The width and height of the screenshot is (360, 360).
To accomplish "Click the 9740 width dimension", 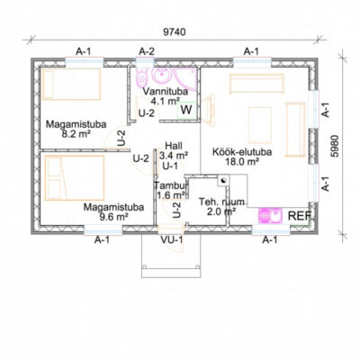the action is point(175,32).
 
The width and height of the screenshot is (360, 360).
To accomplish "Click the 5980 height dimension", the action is point(335,146).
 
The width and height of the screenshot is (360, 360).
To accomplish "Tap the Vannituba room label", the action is point(166,91).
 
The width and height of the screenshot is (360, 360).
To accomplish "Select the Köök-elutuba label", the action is point(242,152).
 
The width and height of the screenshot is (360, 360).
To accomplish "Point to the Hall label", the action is point(174,146).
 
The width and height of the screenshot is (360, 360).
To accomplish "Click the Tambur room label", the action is point(171,185).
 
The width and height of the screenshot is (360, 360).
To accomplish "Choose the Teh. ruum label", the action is point(221,202).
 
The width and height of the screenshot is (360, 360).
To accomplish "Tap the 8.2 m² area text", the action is point(76,134).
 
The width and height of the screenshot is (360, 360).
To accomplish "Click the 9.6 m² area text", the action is point(114,217).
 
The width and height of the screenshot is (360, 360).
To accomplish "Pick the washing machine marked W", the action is point(186,111).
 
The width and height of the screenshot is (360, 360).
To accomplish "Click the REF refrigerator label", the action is point(300,216).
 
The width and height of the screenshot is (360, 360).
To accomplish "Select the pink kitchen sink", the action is point(270,216).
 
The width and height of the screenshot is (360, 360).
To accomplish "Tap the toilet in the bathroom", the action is point(141,77).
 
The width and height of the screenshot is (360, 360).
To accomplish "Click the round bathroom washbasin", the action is point(163,75).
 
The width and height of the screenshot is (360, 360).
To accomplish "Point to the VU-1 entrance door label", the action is point(172,240).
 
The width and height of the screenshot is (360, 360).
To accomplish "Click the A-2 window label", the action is point(147,51).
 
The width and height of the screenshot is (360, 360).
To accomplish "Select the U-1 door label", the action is point(170,166).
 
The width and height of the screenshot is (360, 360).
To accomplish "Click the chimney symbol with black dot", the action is point(223,181).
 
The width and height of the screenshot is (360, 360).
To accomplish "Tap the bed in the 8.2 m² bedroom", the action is point(71,84).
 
